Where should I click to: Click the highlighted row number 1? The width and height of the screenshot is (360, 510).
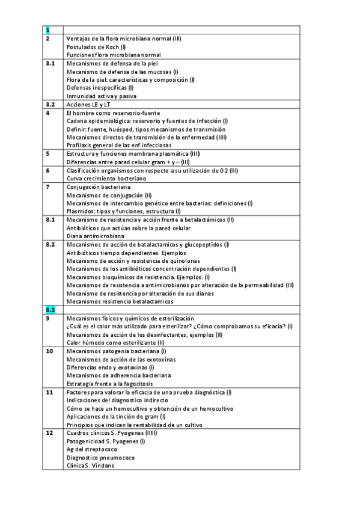click(48, 30)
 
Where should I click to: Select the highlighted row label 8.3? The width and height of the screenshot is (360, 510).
click(50, 309)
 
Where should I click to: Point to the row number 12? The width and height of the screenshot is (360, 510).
click(50, 432)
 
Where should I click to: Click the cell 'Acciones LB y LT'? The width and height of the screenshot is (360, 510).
click(89, 104)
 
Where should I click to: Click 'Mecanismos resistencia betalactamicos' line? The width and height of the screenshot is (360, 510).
click(120, 301)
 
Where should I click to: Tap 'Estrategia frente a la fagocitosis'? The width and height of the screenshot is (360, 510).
click(110, 383)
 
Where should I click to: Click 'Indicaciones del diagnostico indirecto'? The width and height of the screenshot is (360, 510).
click(117, 400)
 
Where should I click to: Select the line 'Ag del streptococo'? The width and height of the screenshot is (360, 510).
click(92, 449)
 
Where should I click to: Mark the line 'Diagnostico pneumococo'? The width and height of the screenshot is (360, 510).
click(100, 457)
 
